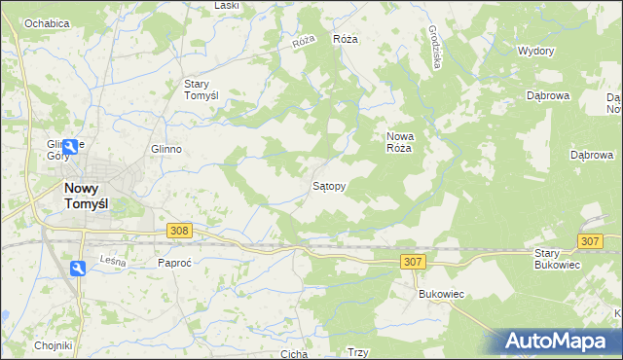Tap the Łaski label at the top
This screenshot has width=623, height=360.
227,6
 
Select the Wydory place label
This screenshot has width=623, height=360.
535,51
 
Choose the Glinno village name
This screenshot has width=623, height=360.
166,149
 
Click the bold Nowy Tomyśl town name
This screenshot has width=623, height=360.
92,197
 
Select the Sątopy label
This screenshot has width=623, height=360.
328,184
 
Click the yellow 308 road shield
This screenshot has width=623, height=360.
178,231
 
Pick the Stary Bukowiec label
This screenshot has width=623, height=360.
557,259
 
